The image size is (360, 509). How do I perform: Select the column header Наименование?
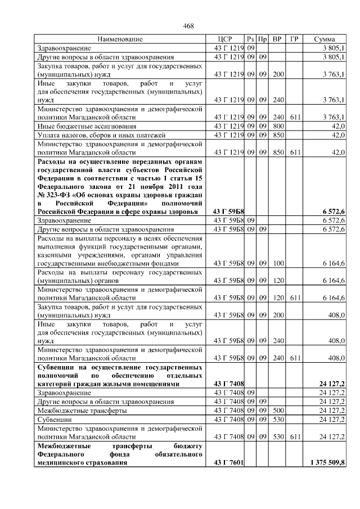coord(120,39)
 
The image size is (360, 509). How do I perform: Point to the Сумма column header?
coord(325,39)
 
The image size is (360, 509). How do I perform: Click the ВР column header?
coord(277,39)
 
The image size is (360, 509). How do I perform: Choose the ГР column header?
coord(294,39)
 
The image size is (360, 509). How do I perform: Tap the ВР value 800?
coord(278,126)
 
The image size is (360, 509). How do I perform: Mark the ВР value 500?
coord(278,411)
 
